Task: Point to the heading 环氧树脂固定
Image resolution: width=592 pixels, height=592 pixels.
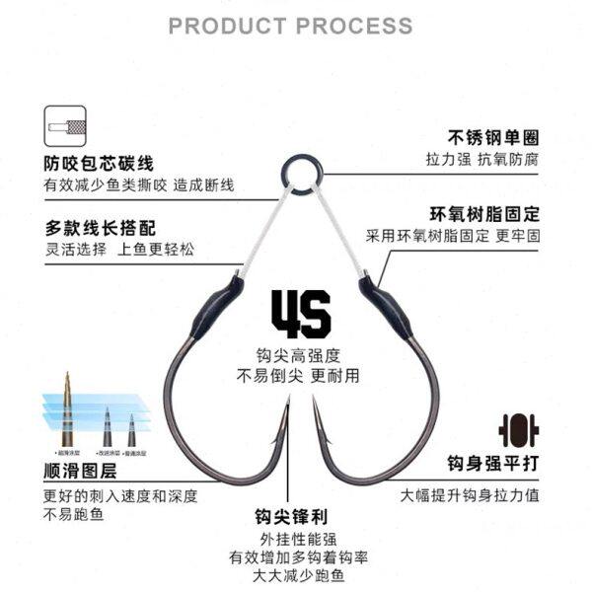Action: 484,213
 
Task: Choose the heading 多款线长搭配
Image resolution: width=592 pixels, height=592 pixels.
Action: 99,225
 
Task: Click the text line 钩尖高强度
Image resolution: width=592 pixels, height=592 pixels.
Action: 298,354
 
